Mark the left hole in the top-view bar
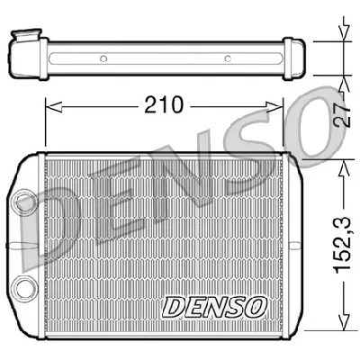point(103,59)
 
